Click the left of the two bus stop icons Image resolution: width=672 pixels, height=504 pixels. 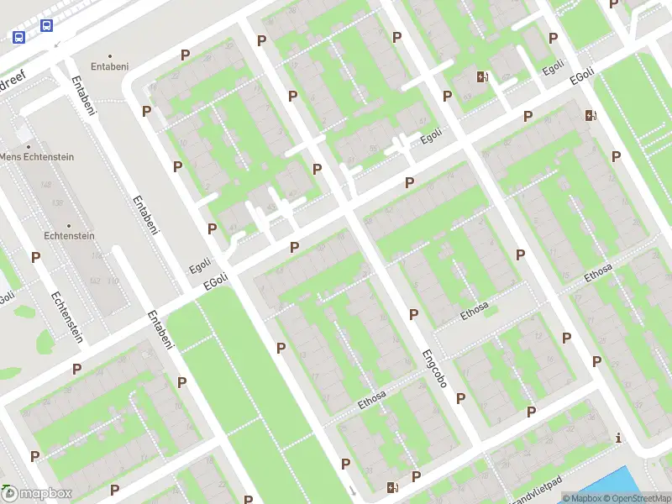pyautogui.click(x=18, y=36)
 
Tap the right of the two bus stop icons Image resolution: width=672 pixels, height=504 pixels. pyautogui.click(x=46, y=25)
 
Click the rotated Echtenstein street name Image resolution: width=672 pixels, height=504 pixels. pyautogui.click(x=66, y=317)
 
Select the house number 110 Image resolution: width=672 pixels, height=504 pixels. pyautogui.click(x=113, y=281)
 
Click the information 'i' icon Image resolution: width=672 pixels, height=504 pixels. pyautogui.click(x=619, y=438)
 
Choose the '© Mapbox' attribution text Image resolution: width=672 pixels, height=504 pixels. pyautogui.click(x=581, y=498)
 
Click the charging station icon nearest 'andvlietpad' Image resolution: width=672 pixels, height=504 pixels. pyautogui.click(x=392, y=486)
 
